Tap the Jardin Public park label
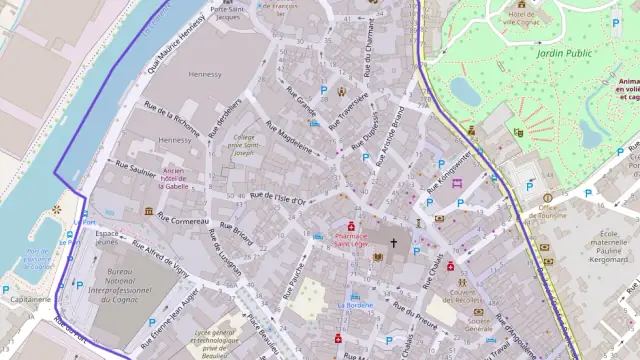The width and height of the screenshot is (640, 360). click(x=565, y=52)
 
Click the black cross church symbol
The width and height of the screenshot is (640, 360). click(x=393, y=243)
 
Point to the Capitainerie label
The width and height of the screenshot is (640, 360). click(x=30, y=299)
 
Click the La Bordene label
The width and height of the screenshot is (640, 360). click(x=355, y=304)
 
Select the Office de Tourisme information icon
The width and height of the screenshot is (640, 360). click(x=547, y=198)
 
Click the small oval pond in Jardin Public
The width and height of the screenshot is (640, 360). click(x=464, y=91)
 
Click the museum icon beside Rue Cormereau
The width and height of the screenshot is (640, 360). click(x=149, y=212)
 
